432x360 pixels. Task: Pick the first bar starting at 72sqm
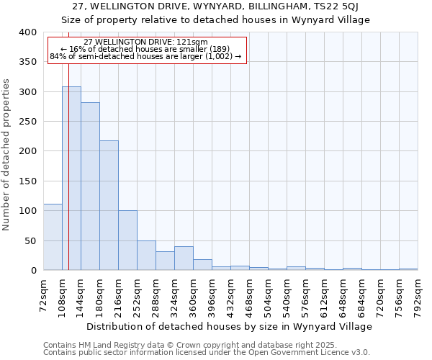(53, 237)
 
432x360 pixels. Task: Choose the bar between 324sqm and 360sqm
(184, 258)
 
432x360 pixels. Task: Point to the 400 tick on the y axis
(27, 32)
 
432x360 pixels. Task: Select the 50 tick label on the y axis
(30, 240)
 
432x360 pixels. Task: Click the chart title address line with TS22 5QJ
(216, 6)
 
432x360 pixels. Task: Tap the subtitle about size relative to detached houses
(216, 19)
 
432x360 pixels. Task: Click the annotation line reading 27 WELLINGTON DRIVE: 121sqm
(146, 42)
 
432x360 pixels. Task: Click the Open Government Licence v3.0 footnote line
(207, 352)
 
